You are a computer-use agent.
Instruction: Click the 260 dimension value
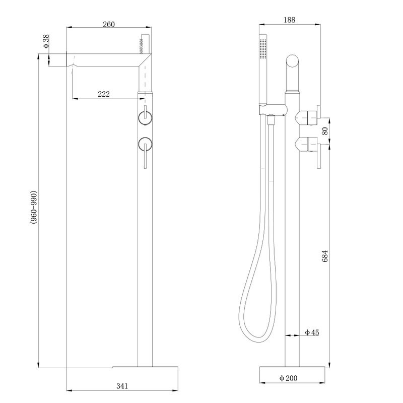click(109, 24)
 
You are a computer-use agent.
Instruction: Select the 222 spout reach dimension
click(104, 94)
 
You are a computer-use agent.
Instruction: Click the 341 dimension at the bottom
click(122, 386)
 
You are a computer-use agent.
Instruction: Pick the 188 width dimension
click(289, 20)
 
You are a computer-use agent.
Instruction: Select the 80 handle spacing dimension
click(325, 130)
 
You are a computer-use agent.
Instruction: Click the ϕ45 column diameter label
click(312, 332)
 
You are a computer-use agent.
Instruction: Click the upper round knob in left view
click(145, 118)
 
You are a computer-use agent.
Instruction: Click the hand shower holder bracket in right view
click(272, 109)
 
